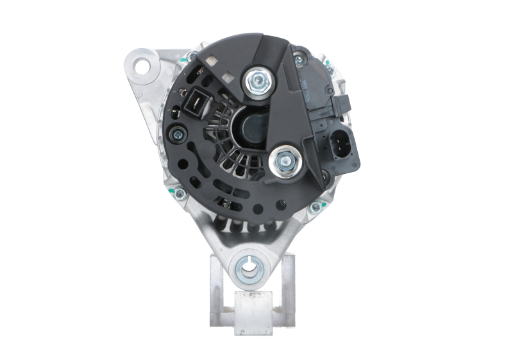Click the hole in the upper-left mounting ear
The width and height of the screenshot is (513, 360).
coord(142,65)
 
